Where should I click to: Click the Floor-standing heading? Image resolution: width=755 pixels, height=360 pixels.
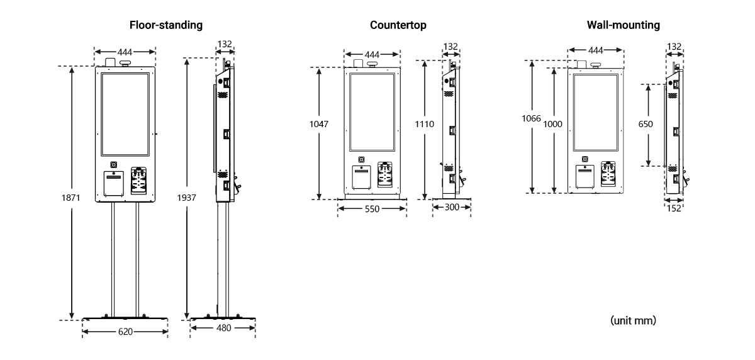[x=165, y=25]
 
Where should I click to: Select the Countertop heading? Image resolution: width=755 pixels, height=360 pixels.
[x=398, y=25]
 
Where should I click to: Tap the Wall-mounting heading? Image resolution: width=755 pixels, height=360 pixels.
[x=623, y=25]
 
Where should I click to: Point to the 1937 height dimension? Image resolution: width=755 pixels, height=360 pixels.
[x=187, y=197]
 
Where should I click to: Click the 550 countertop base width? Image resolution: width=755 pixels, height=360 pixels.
[x=372, y=210]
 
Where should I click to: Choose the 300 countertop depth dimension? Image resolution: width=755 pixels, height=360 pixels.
[x=452, y=206]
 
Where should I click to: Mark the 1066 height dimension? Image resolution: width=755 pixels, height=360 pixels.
[x=532, y=117]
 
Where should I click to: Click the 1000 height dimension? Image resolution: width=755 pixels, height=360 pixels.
[x=552, y=125]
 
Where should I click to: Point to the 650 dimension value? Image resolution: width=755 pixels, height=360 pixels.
[x=646, y=125]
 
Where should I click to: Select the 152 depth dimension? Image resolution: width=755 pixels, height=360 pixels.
[x=674, y=209]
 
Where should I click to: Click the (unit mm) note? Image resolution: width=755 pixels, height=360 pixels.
[x=634, y=321]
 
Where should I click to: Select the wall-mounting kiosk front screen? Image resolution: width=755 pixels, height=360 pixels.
[x=595, y=111]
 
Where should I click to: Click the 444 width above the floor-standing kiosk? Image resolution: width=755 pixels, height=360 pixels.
[x=125, y=52]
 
